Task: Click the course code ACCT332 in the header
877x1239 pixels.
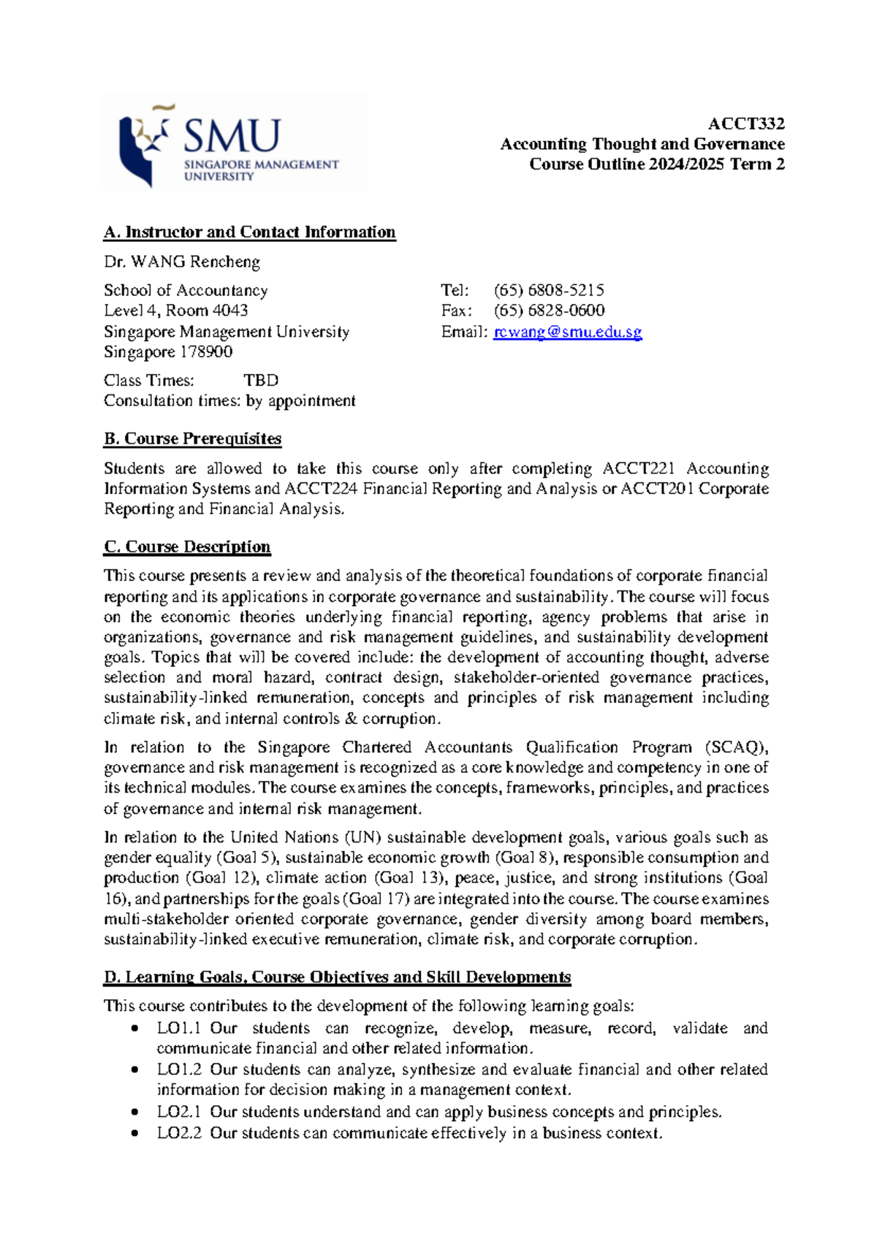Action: [746, 123]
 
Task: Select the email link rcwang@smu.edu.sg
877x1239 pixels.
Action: [567, 332]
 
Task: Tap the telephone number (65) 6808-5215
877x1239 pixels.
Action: [548, 290]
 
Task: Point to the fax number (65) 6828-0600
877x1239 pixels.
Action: [548, 310]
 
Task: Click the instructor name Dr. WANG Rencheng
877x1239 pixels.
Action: [182, 262]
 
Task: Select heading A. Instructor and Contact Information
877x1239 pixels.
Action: [249, 232]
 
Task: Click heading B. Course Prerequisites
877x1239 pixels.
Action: [192, 439]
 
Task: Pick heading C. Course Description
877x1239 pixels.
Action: [187, 547]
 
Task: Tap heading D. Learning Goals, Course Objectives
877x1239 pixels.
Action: [337, 977]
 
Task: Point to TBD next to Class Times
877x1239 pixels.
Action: [261, 381]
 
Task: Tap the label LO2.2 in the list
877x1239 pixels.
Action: [178, 1133]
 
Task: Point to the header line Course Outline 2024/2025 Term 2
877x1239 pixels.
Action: [656, 164]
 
